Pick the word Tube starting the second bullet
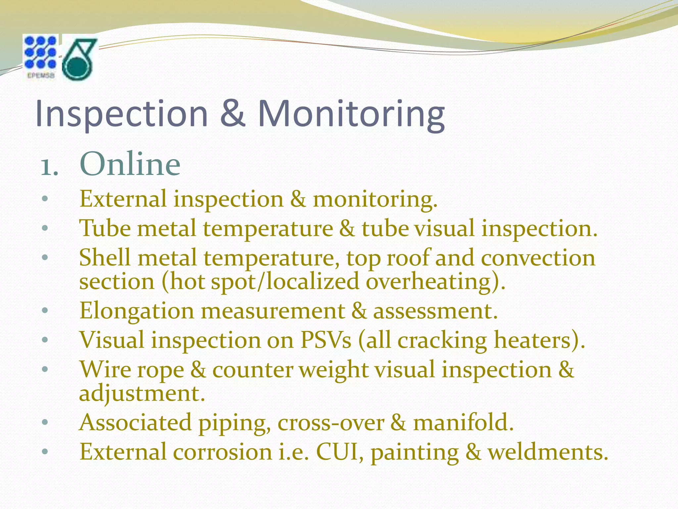(105, 228)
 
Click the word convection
(538, 258)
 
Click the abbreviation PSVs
(326, 340)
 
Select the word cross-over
(331, 423)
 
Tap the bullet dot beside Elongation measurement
(45, 311)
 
